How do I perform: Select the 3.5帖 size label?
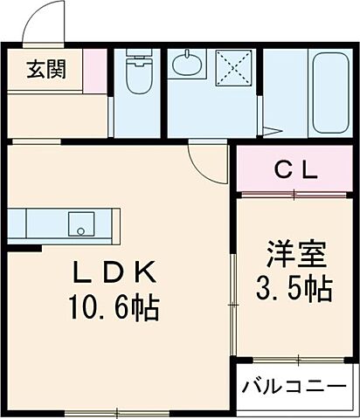[x=296, y=289]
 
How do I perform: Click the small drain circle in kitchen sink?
[x=81, y=231]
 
